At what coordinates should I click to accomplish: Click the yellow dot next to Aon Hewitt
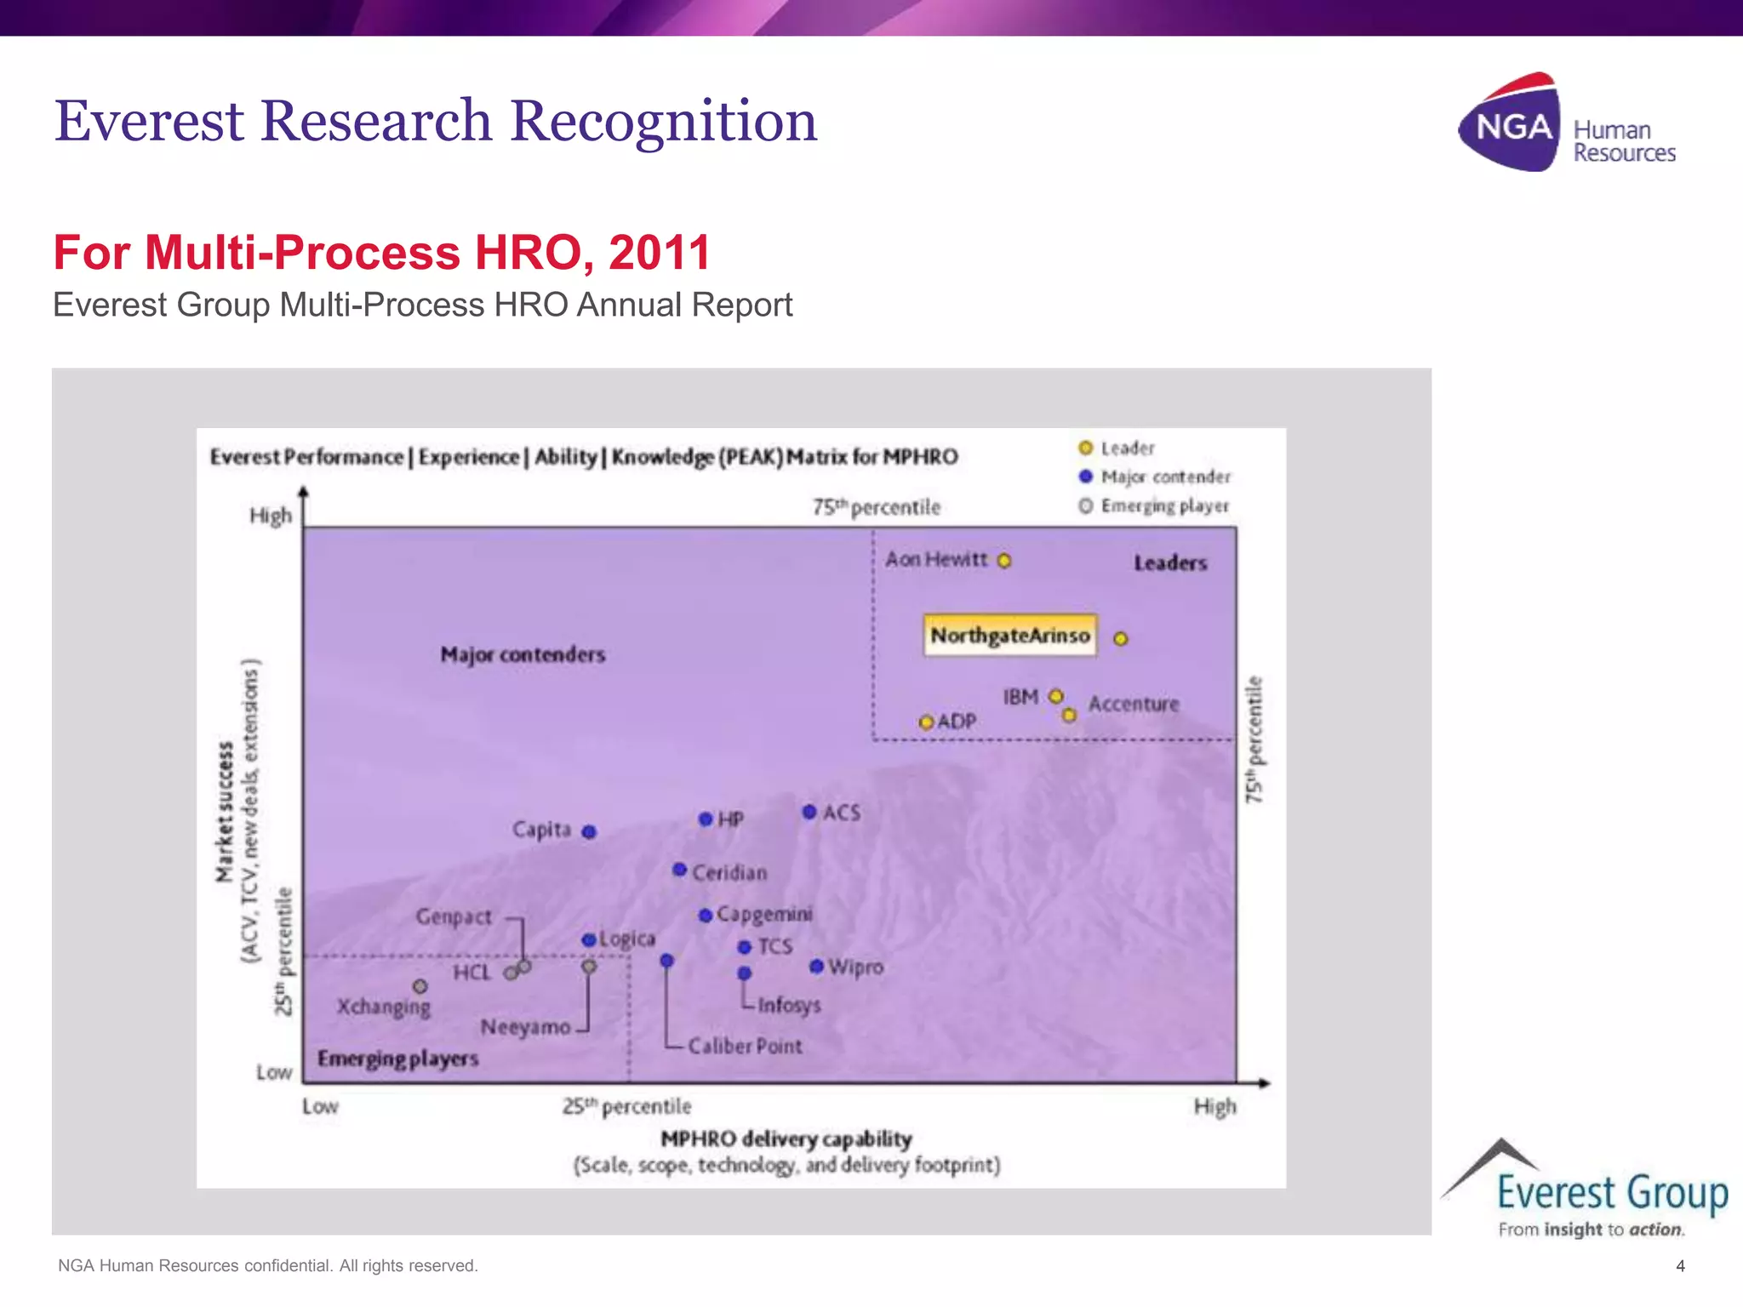click(x=1004, y=561)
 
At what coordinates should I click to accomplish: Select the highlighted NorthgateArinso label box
click(x=1010, y=636)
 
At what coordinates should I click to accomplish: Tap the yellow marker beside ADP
click(x=926, y=722)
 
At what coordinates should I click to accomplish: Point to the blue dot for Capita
click(x=589, y=831)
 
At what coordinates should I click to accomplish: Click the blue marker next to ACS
click(x=809, y=812)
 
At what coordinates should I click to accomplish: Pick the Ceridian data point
click(x=679, y=870)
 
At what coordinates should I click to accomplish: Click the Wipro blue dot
click(x=816, y=967)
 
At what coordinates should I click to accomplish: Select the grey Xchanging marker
click(x=420, y=986)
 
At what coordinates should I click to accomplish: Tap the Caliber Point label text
click(x=745, y=1046)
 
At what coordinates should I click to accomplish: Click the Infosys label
click(x=789, y=1005)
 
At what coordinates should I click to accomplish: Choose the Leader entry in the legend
click(x=1117, y=448)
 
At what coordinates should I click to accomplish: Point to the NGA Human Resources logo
click(x=1566, y=123)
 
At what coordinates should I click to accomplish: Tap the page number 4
click(x=1680, y=1266)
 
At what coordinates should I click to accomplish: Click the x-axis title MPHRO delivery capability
click(x=786, y=1139)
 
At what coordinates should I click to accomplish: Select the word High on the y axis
click(x=271, y=516)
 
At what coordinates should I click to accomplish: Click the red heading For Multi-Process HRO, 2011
click(x=381, y=253)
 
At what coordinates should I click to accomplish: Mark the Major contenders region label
click(x=523, y=654)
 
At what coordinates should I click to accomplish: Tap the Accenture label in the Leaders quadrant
click(x=1134, y=704)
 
